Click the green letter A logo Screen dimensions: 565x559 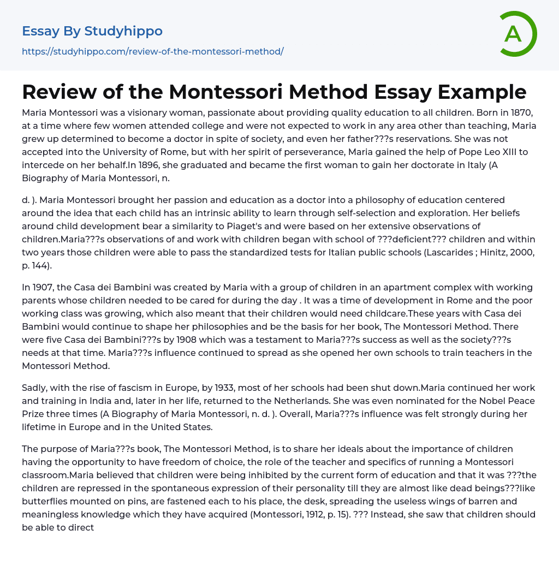pyautogui.click(x=518, y=34)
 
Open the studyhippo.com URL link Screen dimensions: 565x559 pyautogui.click(x=152, y=52)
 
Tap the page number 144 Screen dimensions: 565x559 pyautogui.click(x=45, y=265)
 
